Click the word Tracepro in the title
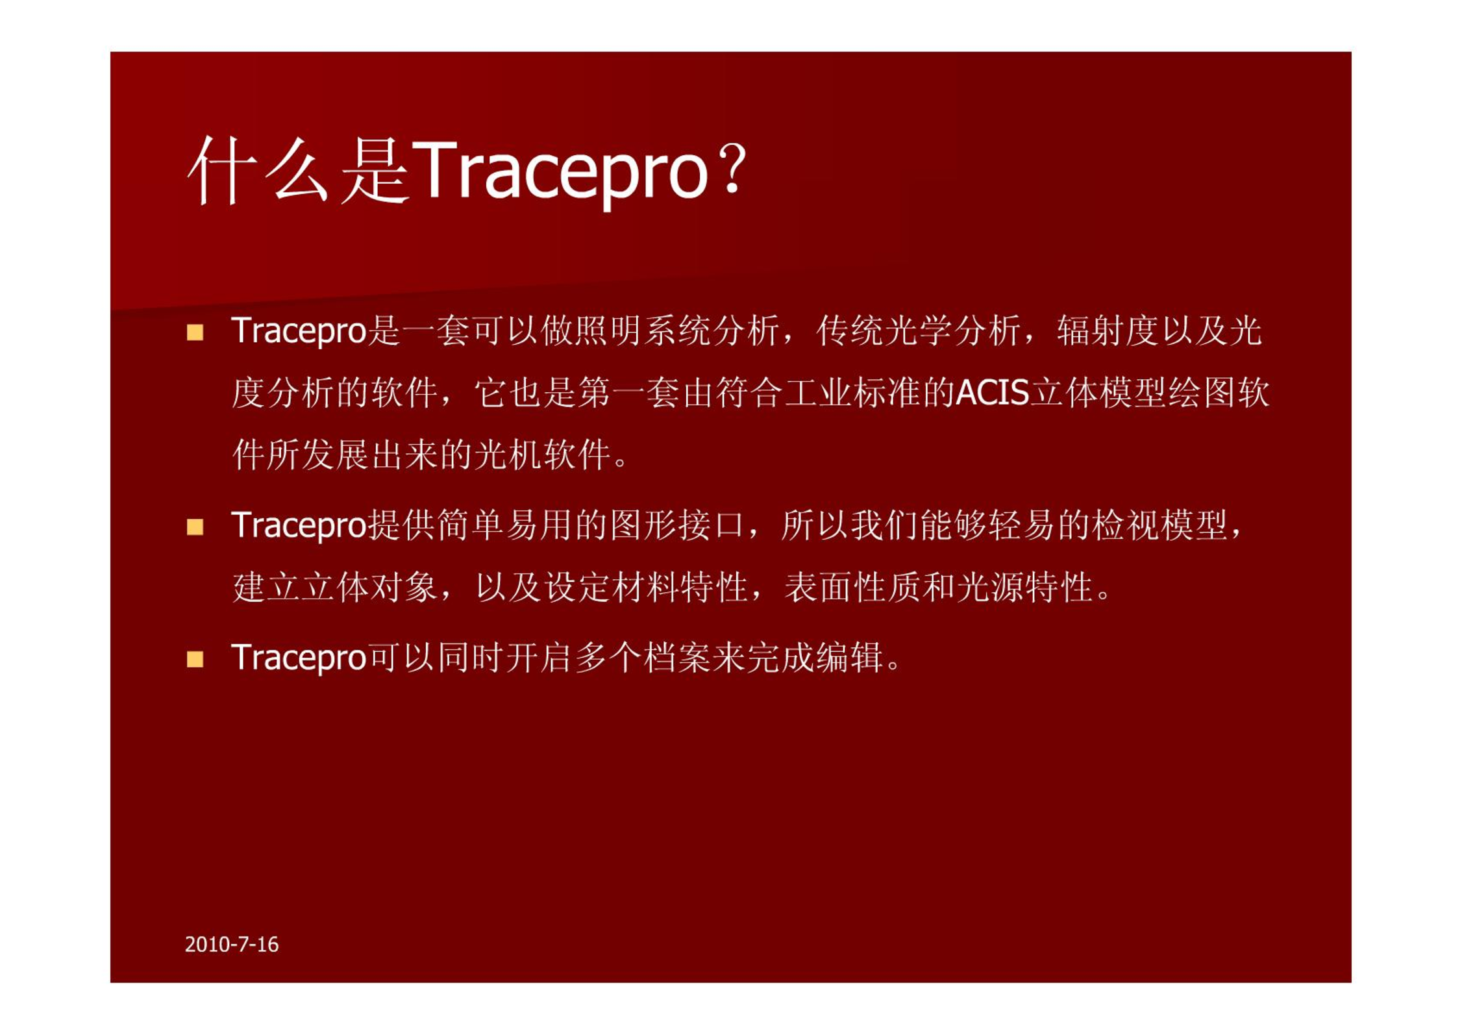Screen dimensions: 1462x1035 point(559,171)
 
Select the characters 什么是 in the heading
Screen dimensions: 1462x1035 point(298,170)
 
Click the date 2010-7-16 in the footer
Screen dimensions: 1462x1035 point(231,944)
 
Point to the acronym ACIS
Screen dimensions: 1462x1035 point(992,392)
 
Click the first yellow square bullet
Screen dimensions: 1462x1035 point(195,332)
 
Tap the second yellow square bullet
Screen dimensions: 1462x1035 point(195,527)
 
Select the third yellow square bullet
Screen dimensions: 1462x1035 point(195,659)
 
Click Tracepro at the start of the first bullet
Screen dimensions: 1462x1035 point(299,331)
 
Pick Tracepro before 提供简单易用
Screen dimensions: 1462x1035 point(299,525)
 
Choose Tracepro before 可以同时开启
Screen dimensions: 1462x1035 point(299,658)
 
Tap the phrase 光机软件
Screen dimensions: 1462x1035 point(542,454)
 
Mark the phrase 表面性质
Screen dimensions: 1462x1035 point(852,587)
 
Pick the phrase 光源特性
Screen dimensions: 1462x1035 point(1024,587)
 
